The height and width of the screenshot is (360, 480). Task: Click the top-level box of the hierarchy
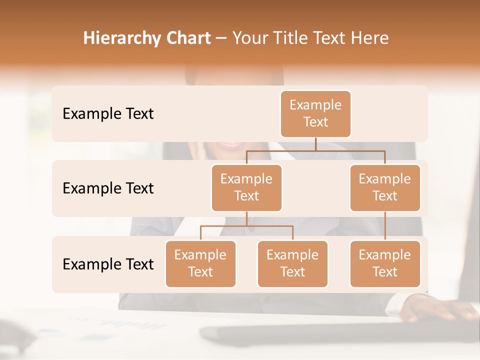tap(315, 113)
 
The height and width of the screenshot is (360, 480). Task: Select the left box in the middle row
tap(246, 187)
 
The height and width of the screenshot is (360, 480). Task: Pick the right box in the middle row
tap(385, 187)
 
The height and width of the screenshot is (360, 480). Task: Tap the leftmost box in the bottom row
tap(200, 263)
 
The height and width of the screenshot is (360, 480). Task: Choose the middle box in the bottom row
tap(292, 263)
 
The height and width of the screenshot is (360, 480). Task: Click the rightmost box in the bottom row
tap(385, 263)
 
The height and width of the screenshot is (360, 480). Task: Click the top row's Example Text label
tap(108, 113)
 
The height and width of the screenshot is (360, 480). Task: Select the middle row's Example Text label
tap(108, 188)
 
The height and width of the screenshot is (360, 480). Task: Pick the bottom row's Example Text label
tap(108, 264)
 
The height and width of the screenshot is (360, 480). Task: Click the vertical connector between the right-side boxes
tap(385, 226)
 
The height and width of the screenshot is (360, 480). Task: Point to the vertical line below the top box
tap(315, 144)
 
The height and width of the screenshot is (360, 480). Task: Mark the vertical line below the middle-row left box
tap(246, 218)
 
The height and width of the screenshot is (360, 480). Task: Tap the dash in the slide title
tap(221, 38)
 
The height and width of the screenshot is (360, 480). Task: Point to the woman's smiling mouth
tap(231, 145)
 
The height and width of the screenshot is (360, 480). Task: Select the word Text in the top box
tap(315, 122)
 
